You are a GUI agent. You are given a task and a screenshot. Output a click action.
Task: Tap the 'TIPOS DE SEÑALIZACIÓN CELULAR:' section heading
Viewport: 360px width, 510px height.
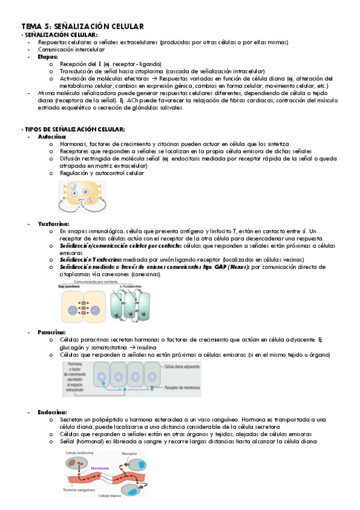pyautogui.click(x=75, y=129)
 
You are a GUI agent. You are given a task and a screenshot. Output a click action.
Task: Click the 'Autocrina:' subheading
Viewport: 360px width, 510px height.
pyautogui.click(x=52, y=137)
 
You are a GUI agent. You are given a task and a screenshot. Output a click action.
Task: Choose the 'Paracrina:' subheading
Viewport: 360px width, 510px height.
pyautogui.click(x=52, y=332)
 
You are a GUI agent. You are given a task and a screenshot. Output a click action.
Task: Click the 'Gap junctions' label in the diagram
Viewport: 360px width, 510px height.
pyautogui.click(x=70, y=286)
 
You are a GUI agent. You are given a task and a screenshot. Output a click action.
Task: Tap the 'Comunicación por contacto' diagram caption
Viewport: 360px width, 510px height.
pyautogui.click(x=100, y=281)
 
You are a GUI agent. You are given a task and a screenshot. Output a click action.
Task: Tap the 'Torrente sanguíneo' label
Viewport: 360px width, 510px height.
pyautogui.click(x=82, y=490)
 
